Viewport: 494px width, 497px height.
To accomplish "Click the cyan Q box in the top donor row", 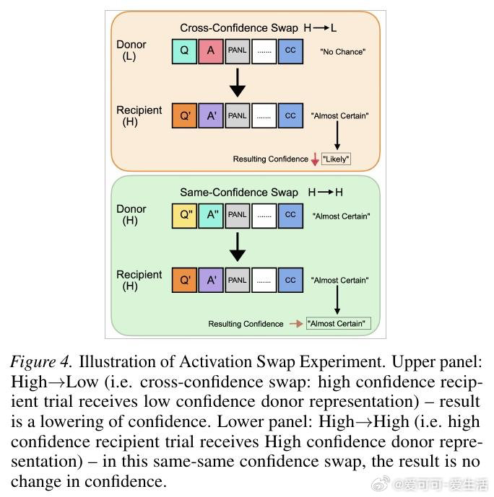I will click(184, 51).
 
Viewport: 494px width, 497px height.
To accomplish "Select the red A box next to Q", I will click(211, 51).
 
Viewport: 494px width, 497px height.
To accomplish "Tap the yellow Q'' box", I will click(184, 215).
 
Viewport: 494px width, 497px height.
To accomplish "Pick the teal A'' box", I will click(211, 215).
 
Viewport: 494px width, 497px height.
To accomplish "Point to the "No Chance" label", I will click(342, 52).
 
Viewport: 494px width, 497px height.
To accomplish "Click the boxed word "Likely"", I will click(336, 159).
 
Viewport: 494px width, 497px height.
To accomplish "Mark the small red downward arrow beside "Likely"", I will click(315, 159).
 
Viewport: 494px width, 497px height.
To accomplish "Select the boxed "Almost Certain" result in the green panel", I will click(338, 324).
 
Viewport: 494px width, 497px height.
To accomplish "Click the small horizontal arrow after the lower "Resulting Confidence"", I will click(295, 324).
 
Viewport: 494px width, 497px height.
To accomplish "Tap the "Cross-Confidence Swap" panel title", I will click(239, 28).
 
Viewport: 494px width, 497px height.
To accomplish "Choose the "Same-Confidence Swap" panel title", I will click(239, 193).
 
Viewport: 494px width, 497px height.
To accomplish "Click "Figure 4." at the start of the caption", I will click(41, 362).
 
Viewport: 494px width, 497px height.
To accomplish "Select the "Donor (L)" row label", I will click(131, 50).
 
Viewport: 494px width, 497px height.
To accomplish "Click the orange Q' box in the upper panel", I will click(184, 115).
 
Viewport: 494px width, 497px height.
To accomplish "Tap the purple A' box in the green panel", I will click(211, 280).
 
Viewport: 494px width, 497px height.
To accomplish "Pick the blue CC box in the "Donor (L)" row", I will click(290, 51).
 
